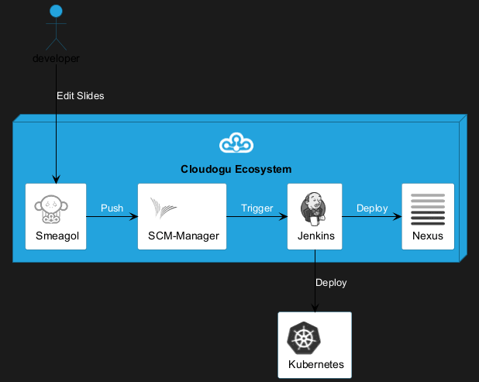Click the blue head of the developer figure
(x=56, y=11)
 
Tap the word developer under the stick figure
(x=56, y=58)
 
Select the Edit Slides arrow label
(x=81, y=96)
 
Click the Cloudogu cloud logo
(x=236, y=143)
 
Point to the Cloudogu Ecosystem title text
(x=236, y=169)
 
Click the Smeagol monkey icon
(x=51, y=209)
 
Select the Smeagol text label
(x=57, y=236)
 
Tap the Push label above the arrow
(x=112, y=208)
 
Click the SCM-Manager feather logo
(x=164, y=208)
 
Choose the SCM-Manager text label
(x=183, y=236)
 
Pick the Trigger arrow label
(x=257, y=208)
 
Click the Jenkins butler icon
(x=313, y=209)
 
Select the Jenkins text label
(x=316, y=236)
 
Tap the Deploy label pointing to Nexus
(x=372, y=208)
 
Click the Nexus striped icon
(x=428, y=209)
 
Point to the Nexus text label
(x=428, y=236)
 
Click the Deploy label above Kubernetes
(x=331, y=283)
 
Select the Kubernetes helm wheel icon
(x=303, y=338)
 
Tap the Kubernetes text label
(x=316, y=364)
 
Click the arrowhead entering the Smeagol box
(x=57, y=180)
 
